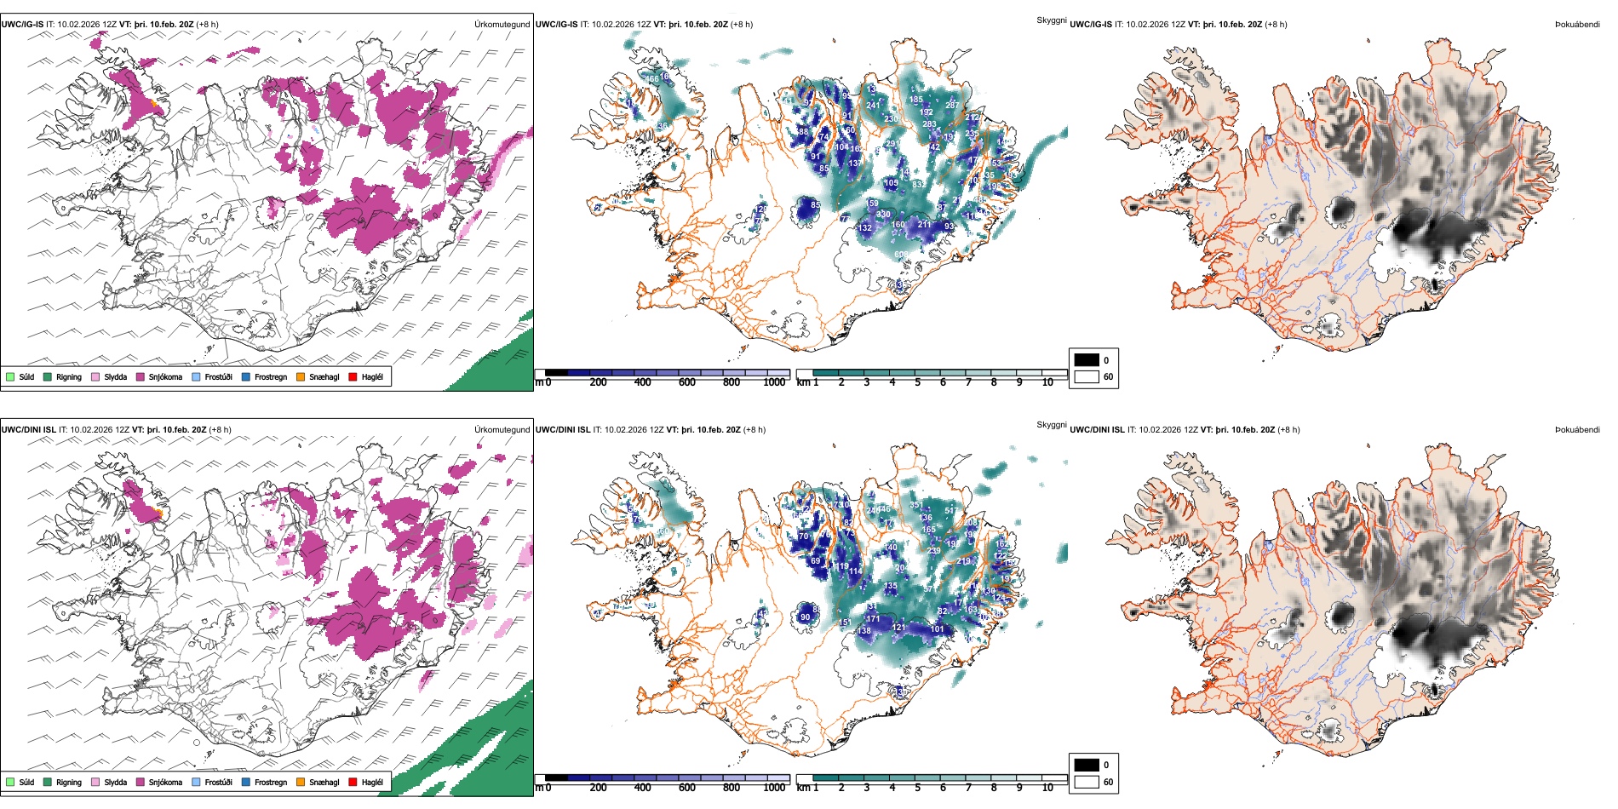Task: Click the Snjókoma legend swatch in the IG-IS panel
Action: click(141, 376)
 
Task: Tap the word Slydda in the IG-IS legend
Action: click(116, 376)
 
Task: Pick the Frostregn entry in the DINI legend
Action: click(271, 782)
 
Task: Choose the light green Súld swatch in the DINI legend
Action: click(10, 782)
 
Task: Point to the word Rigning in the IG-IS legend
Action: click(69, 376)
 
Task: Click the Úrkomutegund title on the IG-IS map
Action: click(502, 25)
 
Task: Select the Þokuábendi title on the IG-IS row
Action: click(1577, 25)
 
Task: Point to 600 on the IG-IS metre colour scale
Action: click(687, 382)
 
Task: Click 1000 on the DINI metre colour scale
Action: click(774, 788)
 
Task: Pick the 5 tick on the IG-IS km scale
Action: click(917, 382)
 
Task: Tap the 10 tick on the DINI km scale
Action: click(1047, 788)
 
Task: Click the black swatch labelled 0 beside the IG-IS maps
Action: click(1087, 359)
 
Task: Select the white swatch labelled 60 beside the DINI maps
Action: click(1087, 781)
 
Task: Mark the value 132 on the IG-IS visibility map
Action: click(865, 227)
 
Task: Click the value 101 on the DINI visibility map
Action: click(937, 629)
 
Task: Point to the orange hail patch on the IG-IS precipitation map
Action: click(154, 103)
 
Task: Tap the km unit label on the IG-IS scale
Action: click(803, 382)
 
